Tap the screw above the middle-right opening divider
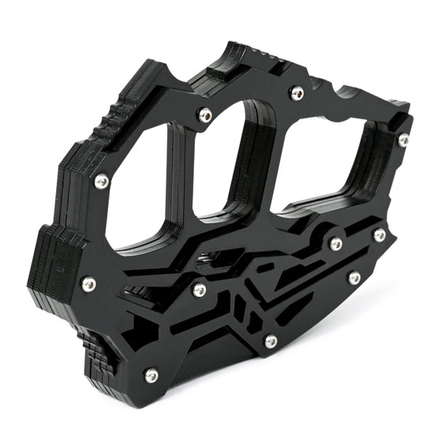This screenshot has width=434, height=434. point(297,95)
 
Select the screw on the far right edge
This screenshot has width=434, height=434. point(404,140)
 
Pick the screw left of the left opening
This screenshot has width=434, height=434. point(101,181)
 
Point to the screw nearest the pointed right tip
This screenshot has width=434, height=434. point(380,234)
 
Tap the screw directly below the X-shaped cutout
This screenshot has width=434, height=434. point(271,341)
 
